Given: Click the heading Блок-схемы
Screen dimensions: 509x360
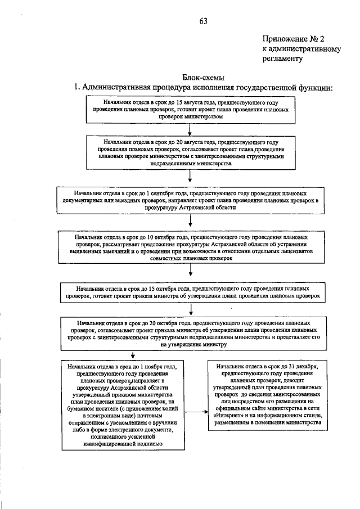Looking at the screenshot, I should [201, 77].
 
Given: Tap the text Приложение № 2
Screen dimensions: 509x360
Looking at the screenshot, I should [293, 38].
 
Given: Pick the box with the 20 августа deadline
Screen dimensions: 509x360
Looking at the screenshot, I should [190, 154].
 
